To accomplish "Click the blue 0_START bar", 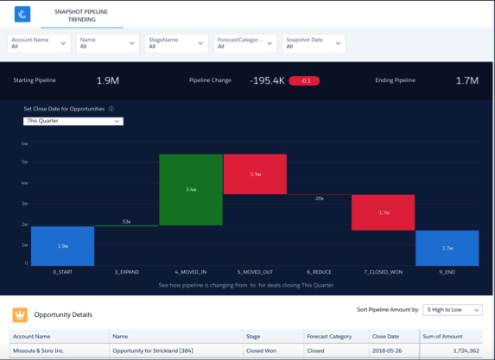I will point(62,246).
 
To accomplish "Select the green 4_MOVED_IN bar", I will point(191,190).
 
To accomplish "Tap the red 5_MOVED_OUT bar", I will point(255,174).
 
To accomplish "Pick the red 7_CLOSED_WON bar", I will point(383,212).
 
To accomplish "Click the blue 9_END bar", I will point(447,248).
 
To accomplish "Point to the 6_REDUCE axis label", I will point(319,273).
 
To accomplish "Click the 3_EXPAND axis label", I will point(127,273).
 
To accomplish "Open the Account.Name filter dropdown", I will point(39,43).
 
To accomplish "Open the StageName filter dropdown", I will point(176,43).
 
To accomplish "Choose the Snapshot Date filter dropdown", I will point(314,43).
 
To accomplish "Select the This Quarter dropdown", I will point(73,122).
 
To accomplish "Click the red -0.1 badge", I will point(304,81).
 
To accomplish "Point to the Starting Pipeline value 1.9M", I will point(108,80).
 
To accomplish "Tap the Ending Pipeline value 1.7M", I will point(467,80).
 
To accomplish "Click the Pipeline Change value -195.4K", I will point(268,80).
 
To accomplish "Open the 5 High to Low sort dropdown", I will point(453,309).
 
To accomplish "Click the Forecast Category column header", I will point(328,337).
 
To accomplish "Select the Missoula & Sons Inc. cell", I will point(38,351).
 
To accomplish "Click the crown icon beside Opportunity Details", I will point(20,315).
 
